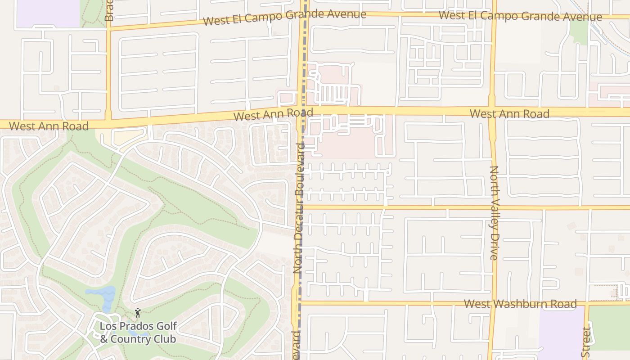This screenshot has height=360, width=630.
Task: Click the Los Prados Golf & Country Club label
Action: point(138,332)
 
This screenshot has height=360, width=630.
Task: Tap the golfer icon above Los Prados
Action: point(138,312)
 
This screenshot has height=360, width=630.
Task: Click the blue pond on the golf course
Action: point(104,297)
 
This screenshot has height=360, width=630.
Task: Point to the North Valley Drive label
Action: point(494,212)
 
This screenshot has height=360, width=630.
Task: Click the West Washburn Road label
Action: point(520,304)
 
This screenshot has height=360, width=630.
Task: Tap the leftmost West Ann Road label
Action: point(49,126)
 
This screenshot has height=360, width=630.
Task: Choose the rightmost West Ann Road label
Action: point(509,113)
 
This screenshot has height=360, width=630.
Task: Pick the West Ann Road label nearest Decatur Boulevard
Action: point(273,114)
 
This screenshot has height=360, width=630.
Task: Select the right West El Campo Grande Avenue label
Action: point(520,16)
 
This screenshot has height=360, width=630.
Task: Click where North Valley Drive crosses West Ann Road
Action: point(492,111)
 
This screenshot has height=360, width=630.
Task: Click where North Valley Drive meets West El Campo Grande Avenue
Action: point(494,14)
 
